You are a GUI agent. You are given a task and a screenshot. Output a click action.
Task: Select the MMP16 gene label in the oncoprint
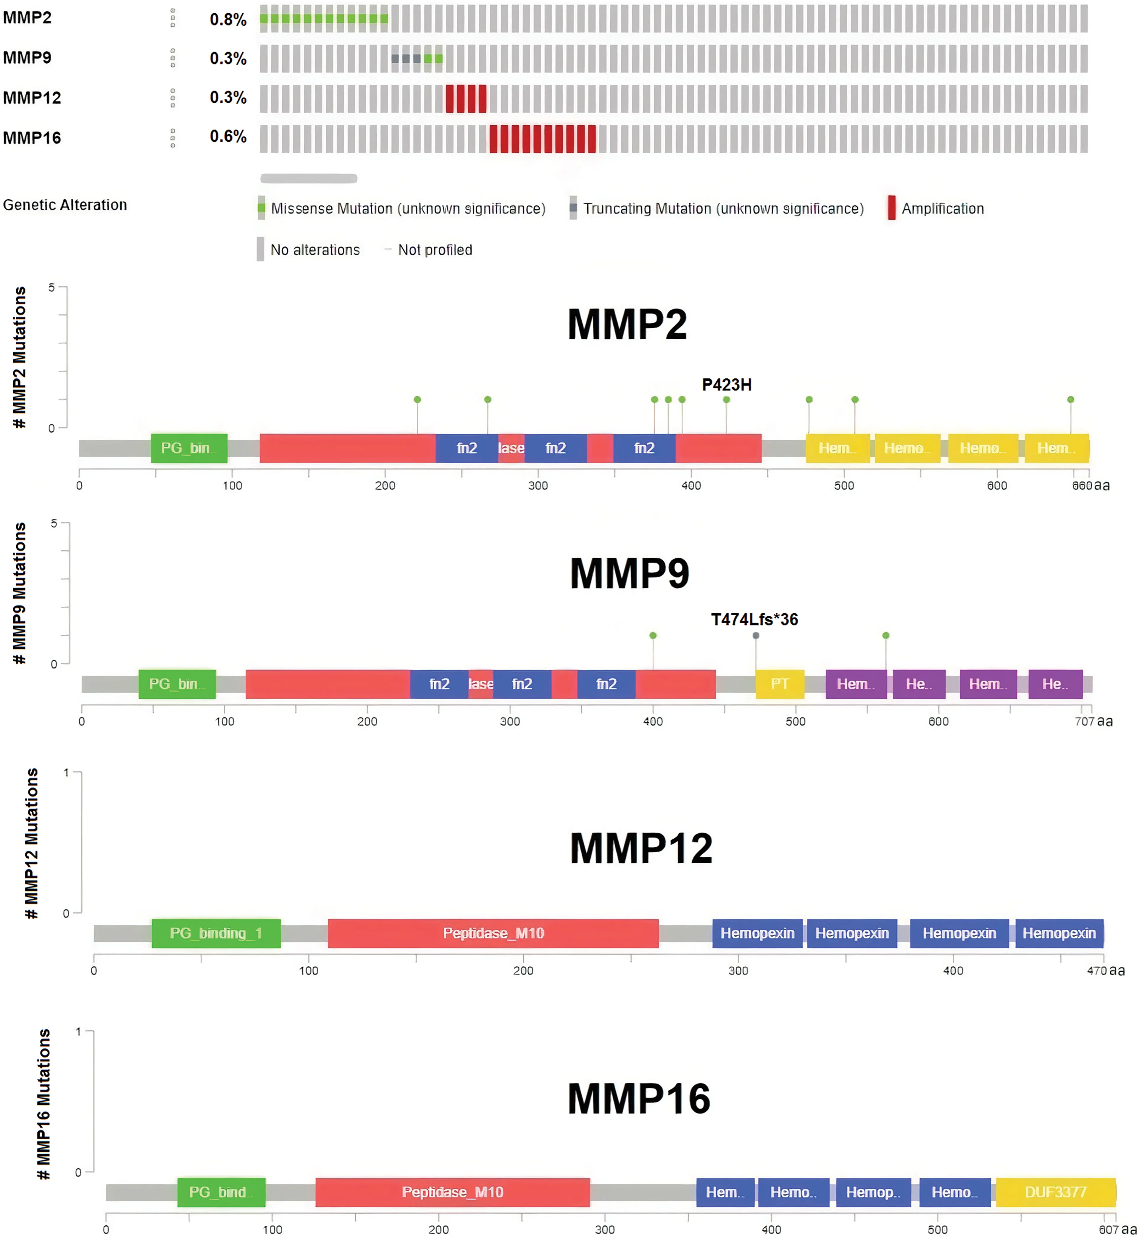click(32, 138)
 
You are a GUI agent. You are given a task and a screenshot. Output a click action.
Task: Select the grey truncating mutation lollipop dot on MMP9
click(756, 635)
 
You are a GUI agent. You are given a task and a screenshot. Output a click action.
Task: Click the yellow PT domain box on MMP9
click(780, 684)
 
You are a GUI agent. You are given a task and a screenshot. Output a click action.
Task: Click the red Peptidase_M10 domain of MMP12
click(493, 933)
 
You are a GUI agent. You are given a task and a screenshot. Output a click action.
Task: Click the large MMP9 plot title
click(629, 573)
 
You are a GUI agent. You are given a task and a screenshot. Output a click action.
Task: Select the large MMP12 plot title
click(641, 849)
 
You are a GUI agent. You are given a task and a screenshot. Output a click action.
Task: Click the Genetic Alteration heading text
click(65, 205)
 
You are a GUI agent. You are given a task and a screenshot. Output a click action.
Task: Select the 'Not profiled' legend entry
click(435, 250)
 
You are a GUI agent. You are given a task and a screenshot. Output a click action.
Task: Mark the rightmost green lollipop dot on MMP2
click(1071, 400)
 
